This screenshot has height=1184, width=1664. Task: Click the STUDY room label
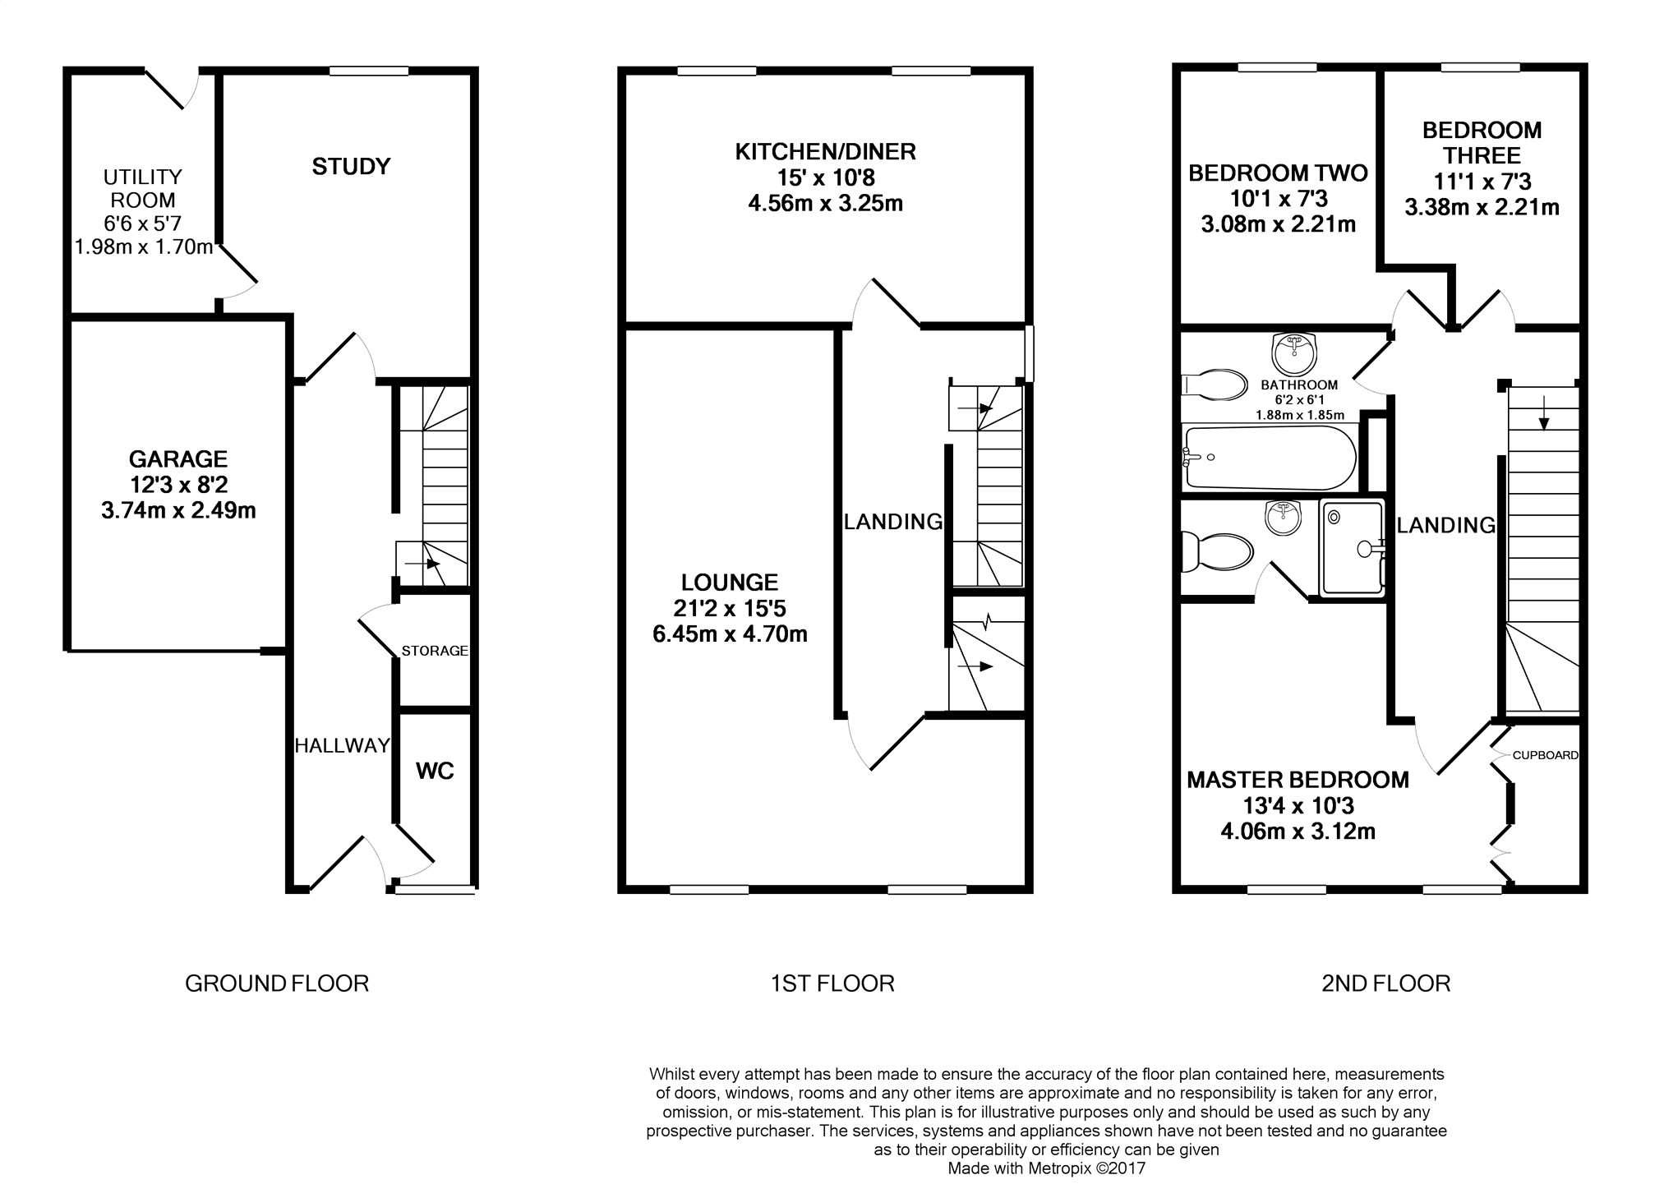tap(351, 167)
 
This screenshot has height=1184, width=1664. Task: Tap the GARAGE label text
tap(178, 458)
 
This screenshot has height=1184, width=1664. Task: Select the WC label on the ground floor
tap(435, 771)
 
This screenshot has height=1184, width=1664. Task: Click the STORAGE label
tap(435, 651)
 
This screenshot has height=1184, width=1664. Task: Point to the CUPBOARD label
tap(1546, 755)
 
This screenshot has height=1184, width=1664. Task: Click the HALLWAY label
tap(342, 745)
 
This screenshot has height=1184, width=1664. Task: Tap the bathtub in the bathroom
tap(1269, 458)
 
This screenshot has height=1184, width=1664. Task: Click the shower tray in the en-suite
tap(1352, 548)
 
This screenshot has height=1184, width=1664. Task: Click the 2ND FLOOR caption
tap(1385, 984)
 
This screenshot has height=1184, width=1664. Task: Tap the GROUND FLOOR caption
tap(277, 984)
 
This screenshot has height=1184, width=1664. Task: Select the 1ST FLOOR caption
tap(832, 984)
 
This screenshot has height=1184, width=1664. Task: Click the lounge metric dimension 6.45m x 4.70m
tap(730, 634)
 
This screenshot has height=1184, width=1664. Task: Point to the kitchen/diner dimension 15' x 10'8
tap(825, 177)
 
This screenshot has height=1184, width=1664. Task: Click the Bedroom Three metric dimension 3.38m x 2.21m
tap(1482, 207)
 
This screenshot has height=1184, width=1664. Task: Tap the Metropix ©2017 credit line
tap(1046, 1168)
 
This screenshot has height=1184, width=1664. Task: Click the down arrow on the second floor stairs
tap(1544, 413)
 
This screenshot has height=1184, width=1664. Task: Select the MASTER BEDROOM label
tap(1298, 780)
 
